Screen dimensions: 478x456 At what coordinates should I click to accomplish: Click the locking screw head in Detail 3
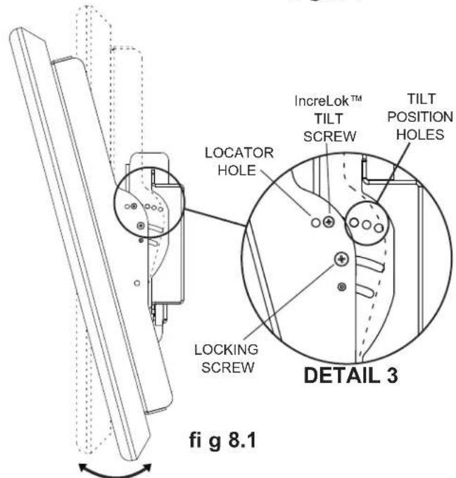coord(341,260)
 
